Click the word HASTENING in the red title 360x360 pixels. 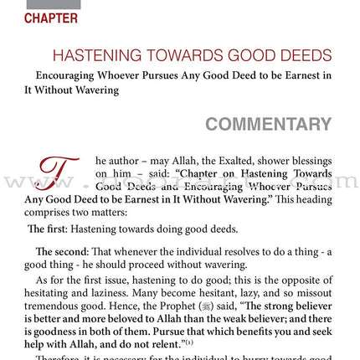point(95,56)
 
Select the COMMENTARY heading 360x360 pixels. point(268,125)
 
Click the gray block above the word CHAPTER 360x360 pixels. point(53,4)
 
